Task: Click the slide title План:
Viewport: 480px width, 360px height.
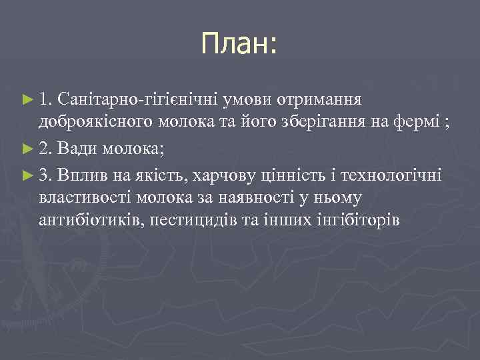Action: [239, 45]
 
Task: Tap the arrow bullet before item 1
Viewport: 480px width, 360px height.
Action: [27, 100]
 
